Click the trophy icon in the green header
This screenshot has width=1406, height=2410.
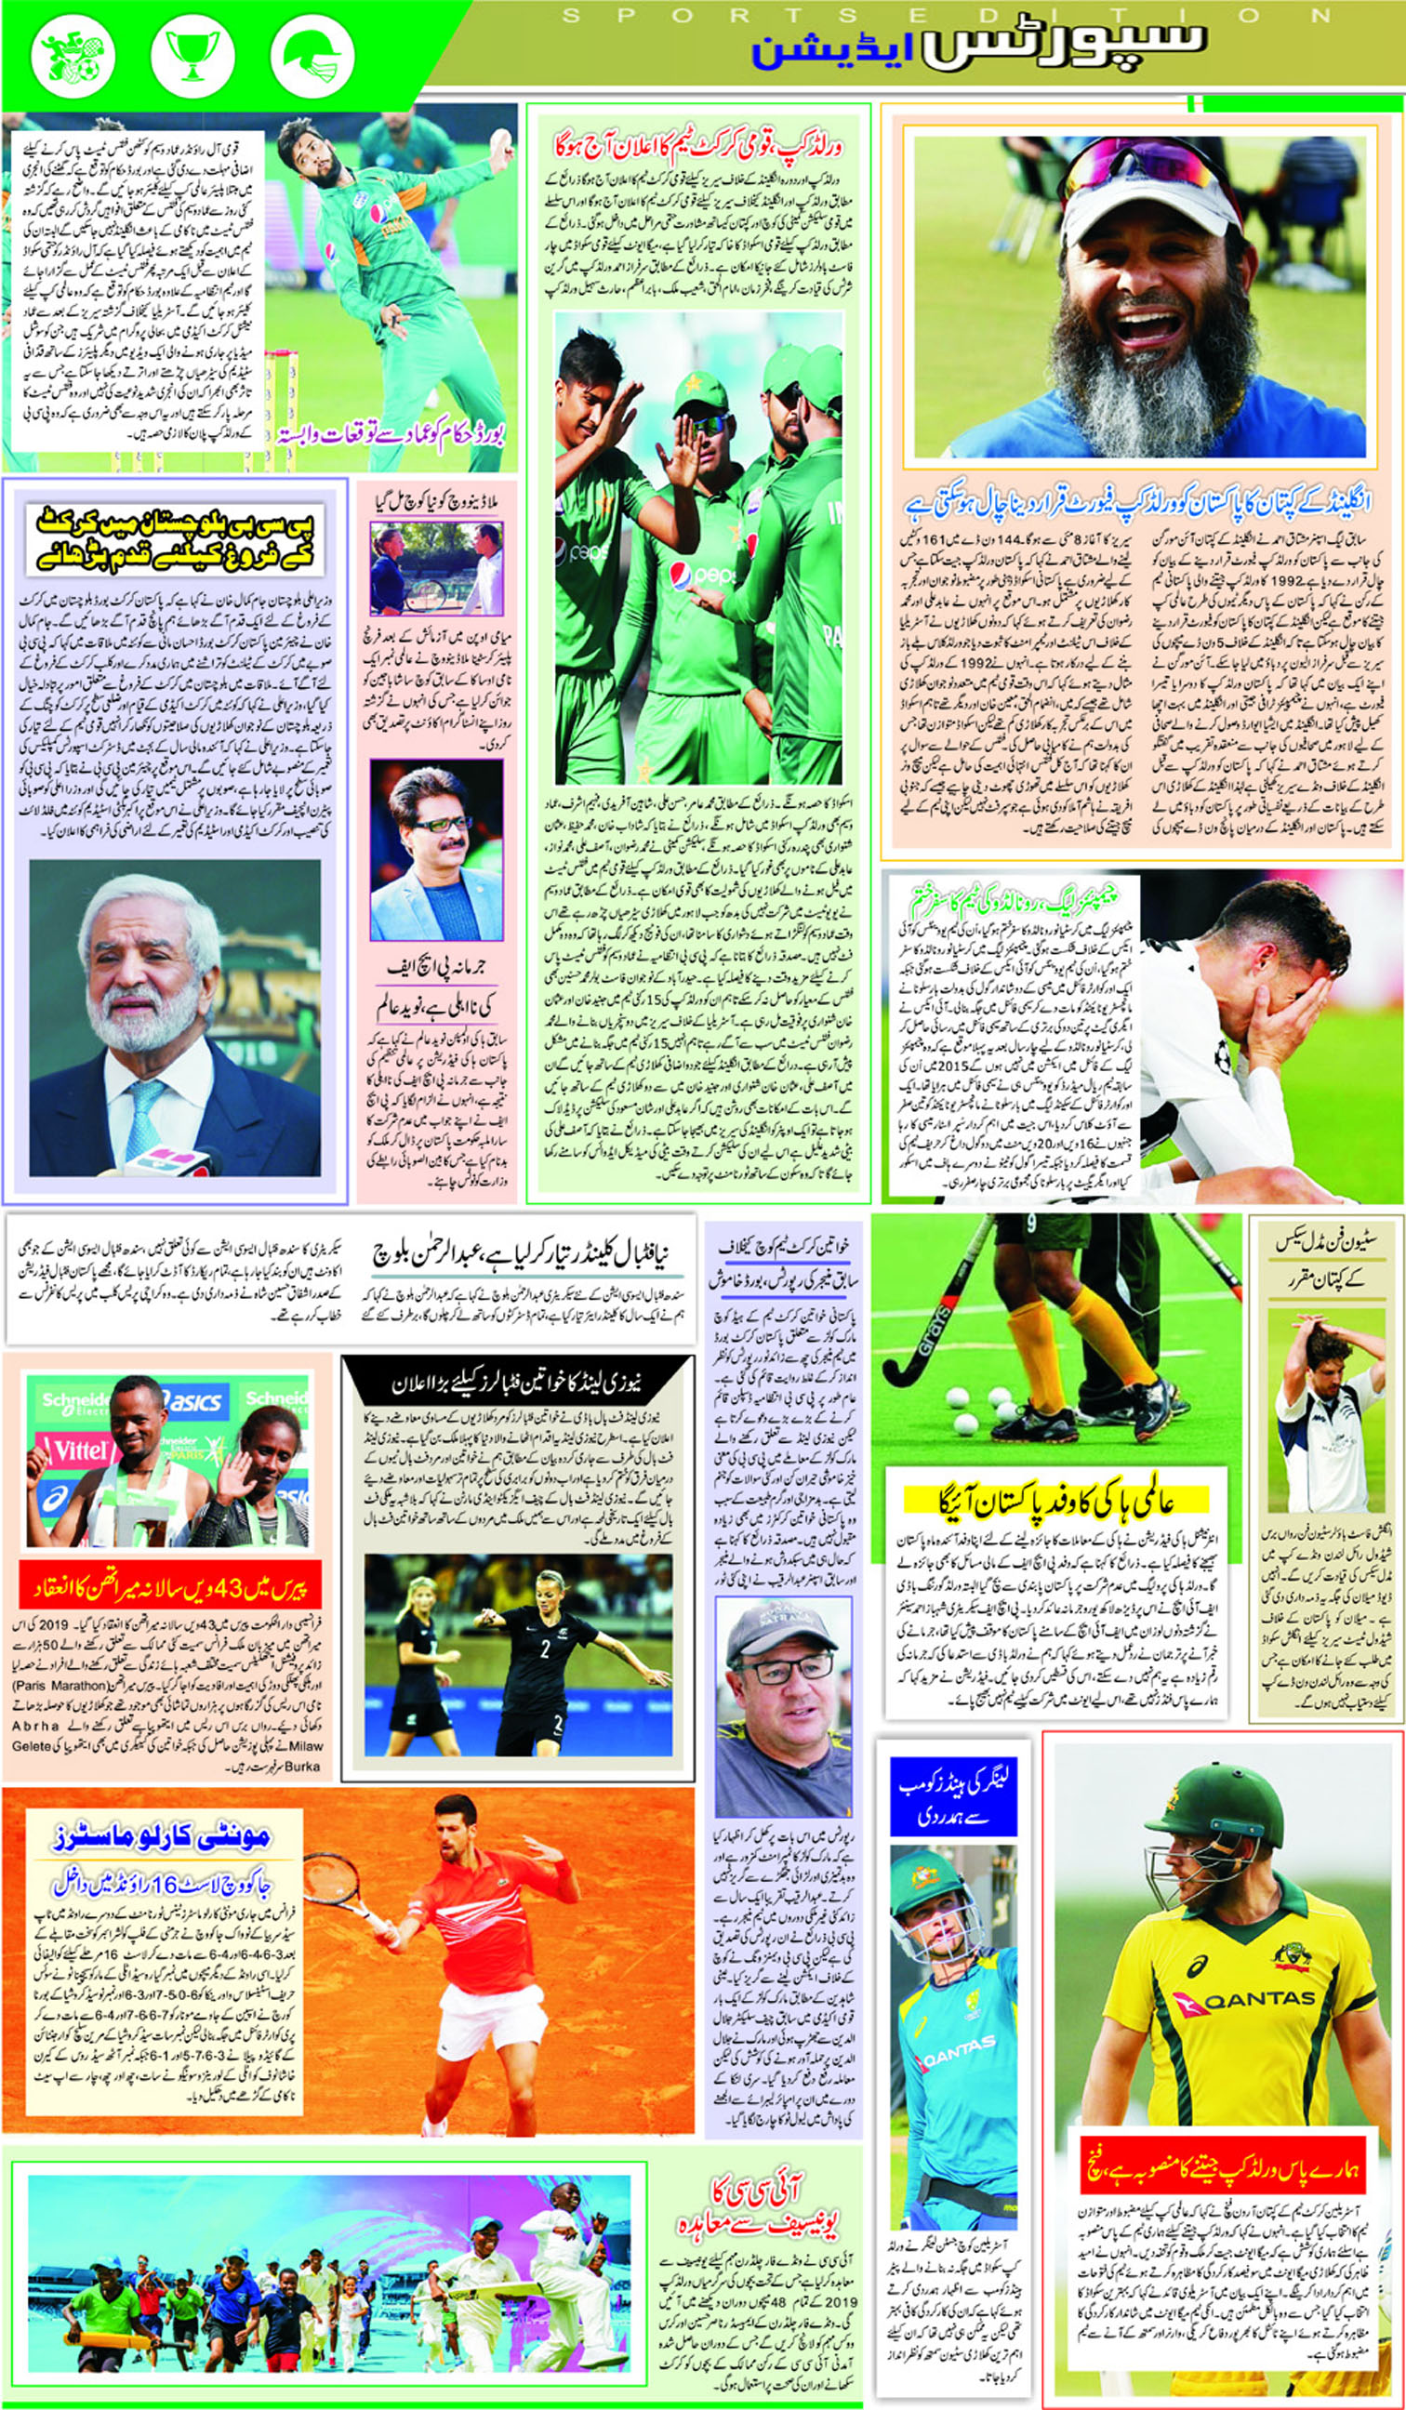pyautogui.click(x=191, y=54)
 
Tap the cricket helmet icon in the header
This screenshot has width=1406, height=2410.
pyautogui.click(x=311, y=54)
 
